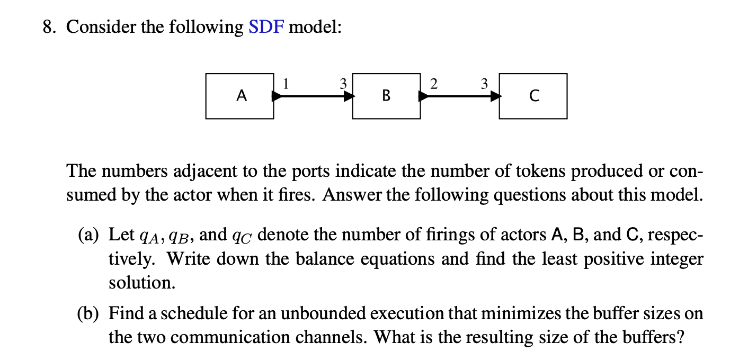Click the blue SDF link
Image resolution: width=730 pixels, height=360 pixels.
point(266,27)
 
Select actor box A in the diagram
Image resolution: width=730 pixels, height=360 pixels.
point(240,96)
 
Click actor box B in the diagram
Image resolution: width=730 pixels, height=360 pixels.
point(386,96)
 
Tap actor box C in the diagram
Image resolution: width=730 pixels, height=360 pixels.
point(533,96)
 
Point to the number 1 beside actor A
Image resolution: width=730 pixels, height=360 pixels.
point(286,84)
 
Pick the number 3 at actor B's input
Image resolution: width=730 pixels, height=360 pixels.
point(343,84)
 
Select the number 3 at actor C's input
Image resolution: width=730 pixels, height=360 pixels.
point(483,84)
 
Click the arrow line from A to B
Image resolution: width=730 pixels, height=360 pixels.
point(313,96)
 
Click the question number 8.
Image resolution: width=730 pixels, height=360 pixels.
point(50,27)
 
